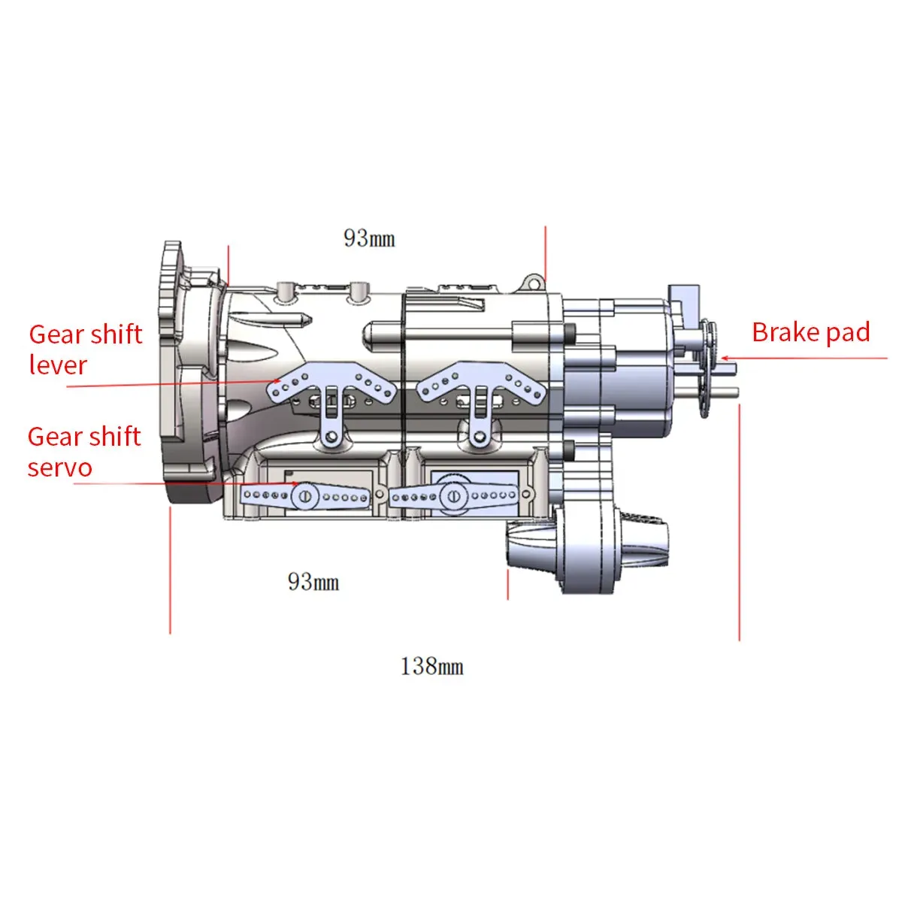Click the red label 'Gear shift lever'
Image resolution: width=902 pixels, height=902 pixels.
[85, 350]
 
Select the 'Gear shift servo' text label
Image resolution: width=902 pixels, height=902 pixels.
[83, 452]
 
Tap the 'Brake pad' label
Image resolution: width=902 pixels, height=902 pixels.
[810, 332]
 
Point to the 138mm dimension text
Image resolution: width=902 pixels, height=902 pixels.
[431, 666]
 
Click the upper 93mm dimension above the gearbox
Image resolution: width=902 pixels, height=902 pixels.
[369, 238]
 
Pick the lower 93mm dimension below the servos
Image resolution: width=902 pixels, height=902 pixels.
[313, 582]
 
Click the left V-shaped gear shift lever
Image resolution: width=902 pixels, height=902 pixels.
[331, 386]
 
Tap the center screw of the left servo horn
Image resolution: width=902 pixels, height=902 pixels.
[304, 496]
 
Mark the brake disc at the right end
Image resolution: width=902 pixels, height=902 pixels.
[707, 368]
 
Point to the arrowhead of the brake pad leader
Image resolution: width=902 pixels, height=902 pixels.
[725, 359]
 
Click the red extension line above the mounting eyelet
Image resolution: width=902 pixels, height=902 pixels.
[546, 252]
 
